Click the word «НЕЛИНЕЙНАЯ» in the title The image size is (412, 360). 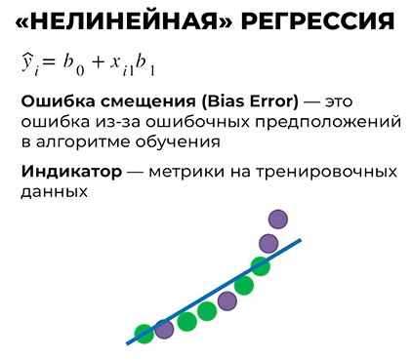129,20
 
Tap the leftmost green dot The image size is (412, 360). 144,334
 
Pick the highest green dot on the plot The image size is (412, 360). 260,265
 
